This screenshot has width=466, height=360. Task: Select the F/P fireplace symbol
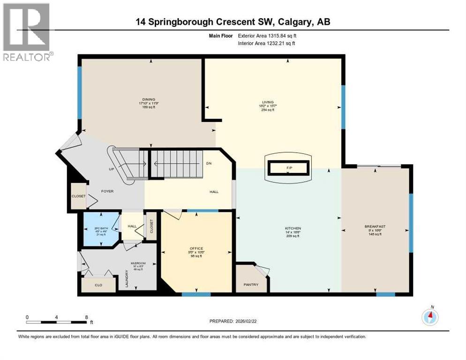[287, 167]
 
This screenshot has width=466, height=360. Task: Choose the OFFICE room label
[196, 248]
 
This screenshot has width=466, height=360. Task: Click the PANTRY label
[251, 285]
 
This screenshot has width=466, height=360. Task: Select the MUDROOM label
[138, 263]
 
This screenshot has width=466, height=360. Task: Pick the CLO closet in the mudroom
[98, 285]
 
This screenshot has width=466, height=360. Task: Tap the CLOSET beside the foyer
[78, 196]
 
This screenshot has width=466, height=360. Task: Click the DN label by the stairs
[209, 164]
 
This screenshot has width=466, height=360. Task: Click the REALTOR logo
[27, 32]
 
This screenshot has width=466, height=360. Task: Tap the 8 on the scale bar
[86, 317]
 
